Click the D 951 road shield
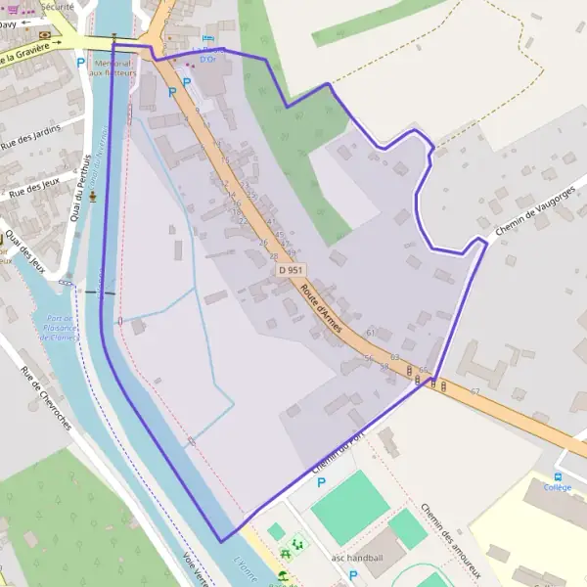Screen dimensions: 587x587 pos(291,270)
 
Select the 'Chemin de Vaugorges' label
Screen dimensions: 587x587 pos(532,208)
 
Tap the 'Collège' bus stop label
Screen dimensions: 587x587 pos(557,486)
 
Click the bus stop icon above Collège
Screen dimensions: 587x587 pos(557,475)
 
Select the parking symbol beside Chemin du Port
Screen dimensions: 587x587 pos(321,481)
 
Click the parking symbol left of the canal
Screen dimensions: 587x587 pos(80,62)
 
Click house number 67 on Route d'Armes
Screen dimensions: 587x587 pos(474,391)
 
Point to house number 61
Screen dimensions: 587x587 pos(371,333)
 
